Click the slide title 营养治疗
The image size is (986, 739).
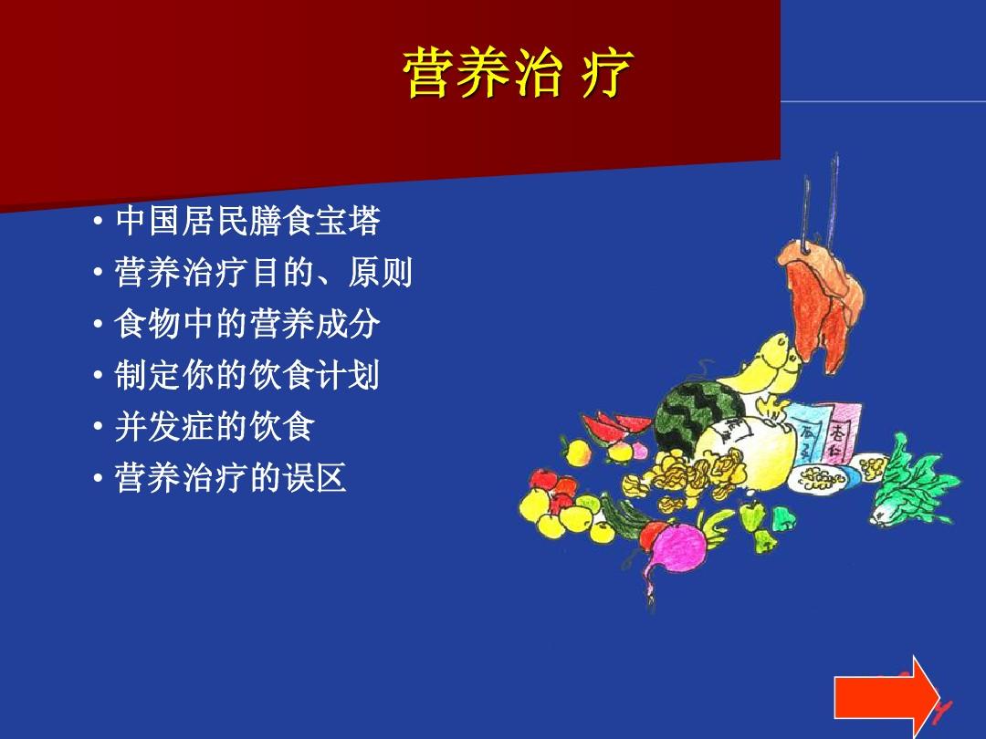pos(517,75)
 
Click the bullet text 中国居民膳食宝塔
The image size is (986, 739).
pos(246,221)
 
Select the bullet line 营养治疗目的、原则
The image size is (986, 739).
pos(263,272)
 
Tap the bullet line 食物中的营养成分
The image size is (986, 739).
pos(246,324)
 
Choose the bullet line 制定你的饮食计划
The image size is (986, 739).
pos(246,375)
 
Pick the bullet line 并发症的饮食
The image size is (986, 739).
pos(214,426)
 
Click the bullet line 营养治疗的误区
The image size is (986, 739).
pos(230,478)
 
